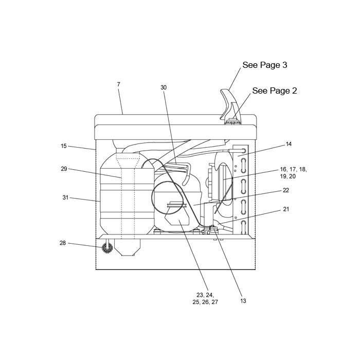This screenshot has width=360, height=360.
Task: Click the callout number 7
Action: pyautogui.click(x=118, y=84)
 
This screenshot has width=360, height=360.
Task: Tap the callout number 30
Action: pyautogui.click(x=164, y=87)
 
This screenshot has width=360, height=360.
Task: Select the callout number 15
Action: pyautogui.click(x=64, y=146)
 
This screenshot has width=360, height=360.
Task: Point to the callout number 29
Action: pyautogui.click(x=64, y=169)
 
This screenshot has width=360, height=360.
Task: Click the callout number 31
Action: pyautogui.click(x=65, y=197)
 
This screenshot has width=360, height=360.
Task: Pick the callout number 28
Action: pyautogui.click(x=63, y=243)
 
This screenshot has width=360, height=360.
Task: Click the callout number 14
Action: pyautogui.click(x=289, y=144)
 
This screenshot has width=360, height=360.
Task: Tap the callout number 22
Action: pyautogui.click(x=286, y=190)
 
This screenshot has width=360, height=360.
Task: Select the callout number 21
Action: pyautogui.click(x=286, y=209)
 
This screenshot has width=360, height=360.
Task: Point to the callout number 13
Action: pyautogui.click(x=243, y=301)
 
